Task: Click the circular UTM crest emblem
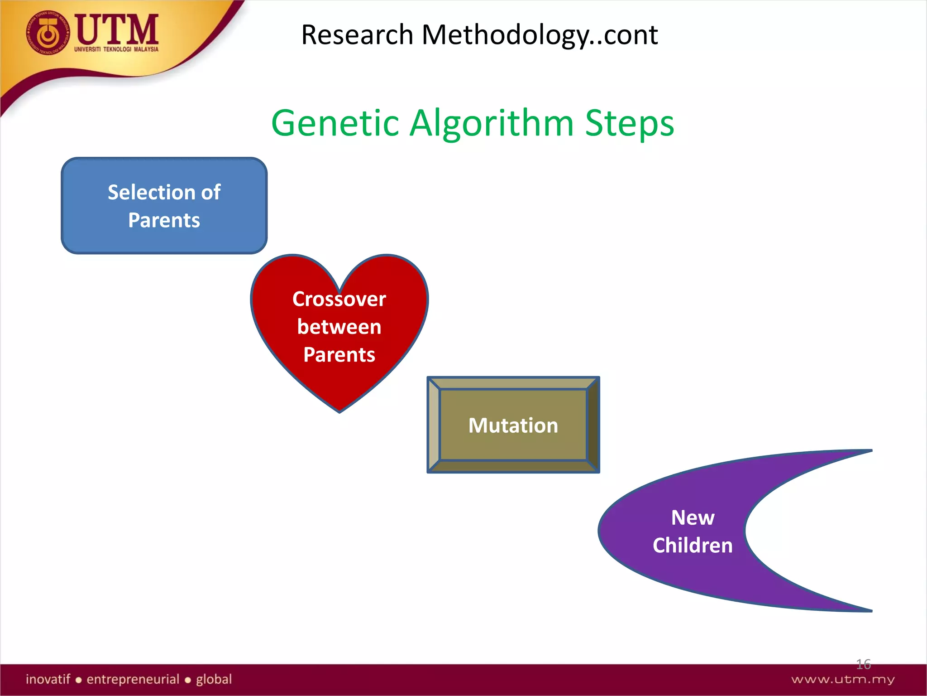[48, 33]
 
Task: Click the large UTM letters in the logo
[117, 29]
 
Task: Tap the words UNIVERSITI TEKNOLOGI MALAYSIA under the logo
[116, 49]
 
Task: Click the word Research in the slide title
[357, 34]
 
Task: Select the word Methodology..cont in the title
[539, 35]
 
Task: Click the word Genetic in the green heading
[335, 123]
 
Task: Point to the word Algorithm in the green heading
[492, 124]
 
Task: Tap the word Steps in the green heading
[629, 124]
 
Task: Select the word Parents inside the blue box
[164, 220]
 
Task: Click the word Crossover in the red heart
[339, 299]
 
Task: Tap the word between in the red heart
[339, 327]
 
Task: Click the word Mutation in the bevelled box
[513, 425]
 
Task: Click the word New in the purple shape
[693, 517]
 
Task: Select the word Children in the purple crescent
[693, 545]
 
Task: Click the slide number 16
[863, 664]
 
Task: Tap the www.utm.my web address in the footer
[843, 679]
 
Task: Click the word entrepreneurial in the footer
[133, 679]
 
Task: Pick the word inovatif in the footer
[48, 679]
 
